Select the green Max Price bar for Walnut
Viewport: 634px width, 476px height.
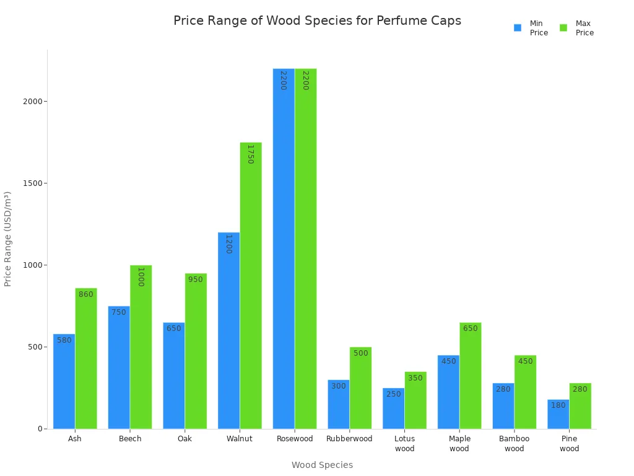(x=251, y=285)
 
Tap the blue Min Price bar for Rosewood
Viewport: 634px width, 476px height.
(x=284, y=248)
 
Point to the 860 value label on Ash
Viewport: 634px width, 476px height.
(x=86, y=294)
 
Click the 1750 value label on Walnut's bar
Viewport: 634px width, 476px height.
(x=250, y=154)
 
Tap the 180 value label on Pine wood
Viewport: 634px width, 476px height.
(x=558, y=405)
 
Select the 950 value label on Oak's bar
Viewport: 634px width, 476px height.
(x=196, y=280)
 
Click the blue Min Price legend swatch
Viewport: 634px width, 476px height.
(x=518, y=28)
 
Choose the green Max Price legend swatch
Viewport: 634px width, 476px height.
(x=563, y=28)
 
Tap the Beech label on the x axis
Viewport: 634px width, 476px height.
(x=130, y=439)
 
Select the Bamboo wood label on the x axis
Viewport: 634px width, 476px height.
(x=514, y=444)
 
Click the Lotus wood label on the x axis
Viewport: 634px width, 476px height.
(x=404, y=444)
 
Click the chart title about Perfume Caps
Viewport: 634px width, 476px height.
(x=317, y=20)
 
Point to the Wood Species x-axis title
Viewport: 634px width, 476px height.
(x=322, y=465)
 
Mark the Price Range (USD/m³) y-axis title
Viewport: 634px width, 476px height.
(x=8, y=239)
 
